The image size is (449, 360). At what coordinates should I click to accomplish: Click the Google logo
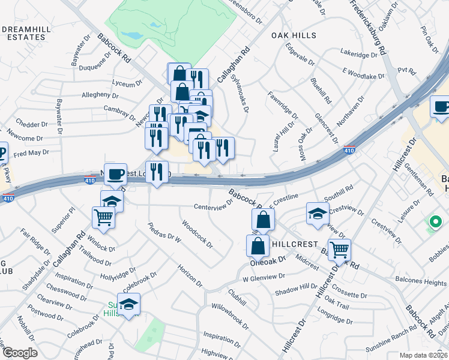19,353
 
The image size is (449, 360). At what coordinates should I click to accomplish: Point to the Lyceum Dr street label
127,85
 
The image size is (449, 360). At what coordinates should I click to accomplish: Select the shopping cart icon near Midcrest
339,249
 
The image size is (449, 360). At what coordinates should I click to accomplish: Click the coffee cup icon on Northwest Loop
116,174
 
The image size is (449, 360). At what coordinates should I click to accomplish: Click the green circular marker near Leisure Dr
434,224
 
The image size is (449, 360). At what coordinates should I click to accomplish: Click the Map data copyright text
424,355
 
